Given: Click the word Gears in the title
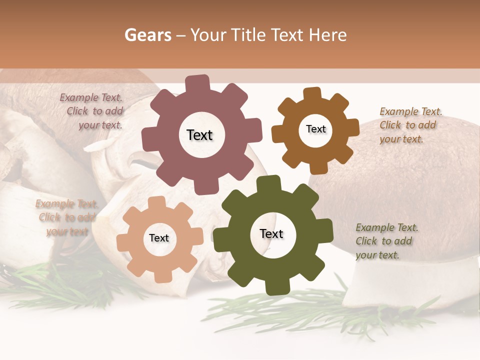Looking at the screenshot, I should tap(147, 35).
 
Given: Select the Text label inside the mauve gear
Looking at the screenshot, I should tap(199, 135).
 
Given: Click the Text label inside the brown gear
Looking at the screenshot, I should tap(315, 129).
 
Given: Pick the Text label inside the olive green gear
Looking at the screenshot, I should tap(271, 233).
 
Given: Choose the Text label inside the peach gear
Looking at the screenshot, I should tap(159, 238).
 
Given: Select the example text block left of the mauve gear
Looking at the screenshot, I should tap(93, 111).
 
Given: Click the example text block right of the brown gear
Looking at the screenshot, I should tap(410, 125).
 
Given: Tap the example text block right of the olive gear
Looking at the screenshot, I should tap(386, 241).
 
